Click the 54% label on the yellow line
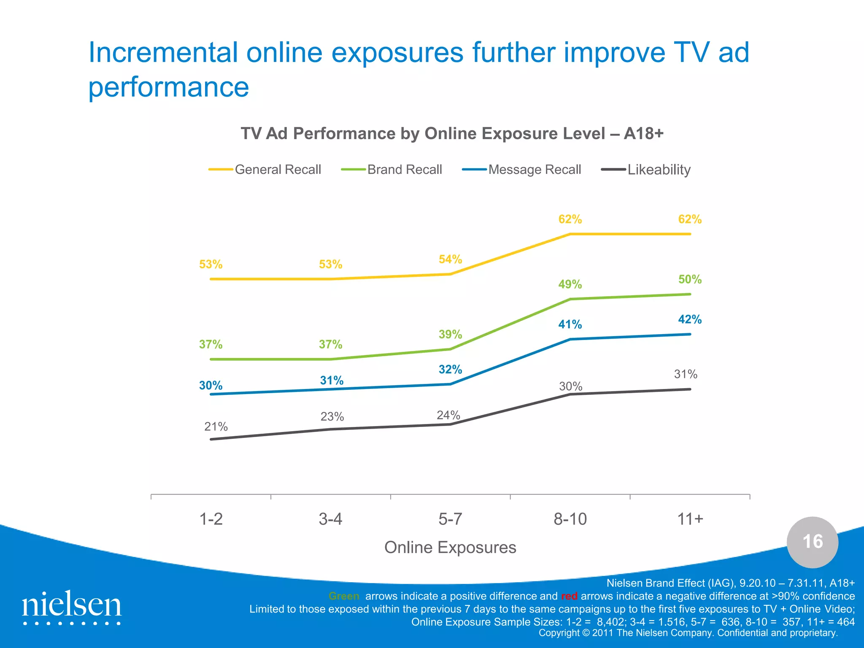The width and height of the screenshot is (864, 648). (x=450, y=259)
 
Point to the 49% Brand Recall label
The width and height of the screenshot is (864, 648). (x=570, y=284)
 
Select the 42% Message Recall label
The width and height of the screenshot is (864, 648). (x=689, y=319)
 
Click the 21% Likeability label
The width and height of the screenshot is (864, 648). (x=216, y=427)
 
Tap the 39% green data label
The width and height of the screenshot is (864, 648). (x=450, y=335)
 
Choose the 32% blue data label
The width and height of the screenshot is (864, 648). (x=450, y=370)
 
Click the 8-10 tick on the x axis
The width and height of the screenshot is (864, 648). (x=570, y=519)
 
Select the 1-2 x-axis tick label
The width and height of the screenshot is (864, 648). (x=211, y=519)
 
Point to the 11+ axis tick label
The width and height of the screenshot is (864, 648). (x=690, y=519)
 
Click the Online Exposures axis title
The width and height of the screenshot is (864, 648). (x=450, y=548)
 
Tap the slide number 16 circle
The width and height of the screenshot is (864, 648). (x=812, y=542)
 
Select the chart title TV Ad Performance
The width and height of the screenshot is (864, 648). (x=452, y=134)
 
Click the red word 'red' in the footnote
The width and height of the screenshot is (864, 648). (x=569, y=596)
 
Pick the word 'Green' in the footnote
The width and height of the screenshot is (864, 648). (x=344, y=596)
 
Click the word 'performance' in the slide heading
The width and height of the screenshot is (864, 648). (x=169, y=87)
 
